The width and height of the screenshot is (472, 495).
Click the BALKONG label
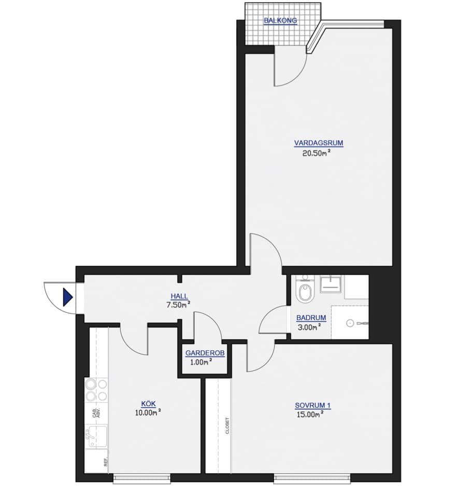(x=280, y=21)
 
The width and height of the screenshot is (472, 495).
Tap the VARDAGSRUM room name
(x=319, y=143)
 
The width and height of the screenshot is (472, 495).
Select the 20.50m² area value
(x=316, y=153)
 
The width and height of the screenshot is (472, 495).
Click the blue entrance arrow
(x=68, y=297)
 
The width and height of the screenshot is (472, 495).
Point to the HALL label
(x=179, y=296)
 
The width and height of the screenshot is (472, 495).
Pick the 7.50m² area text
(x=178, y=305)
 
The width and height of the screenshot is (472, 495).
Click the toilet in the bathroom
(x=305, y=290)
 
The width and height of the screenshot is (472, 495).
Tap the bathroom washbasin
(x=330, y=284)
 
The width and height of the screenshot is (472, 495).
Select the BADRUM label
(x=311, y=318)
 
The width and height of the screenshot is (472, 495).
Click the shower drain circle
(x=350, y=323)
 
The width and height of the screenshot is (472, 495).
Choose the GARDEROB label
(x=205, y=353)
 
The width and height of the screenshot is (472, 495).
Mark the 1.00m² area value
(x=201, y=362)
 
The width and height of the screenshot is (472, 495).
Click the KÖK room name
(x=148, y=404)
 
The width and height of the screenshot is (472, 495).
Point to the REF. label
(x=106, y=462)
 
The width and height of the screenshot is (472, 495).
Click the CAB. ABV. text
(x=96, y=413)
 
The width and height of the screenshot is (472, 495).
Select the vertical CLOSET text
(x=227, y=425)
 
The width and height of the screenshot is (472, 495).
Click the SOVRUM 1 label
(x=313, y=405)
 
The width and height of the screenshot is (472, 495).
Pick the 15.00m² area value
(x=310, y=414)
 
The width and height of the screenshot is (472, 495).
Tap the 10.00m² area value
(x=148, y=412)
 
